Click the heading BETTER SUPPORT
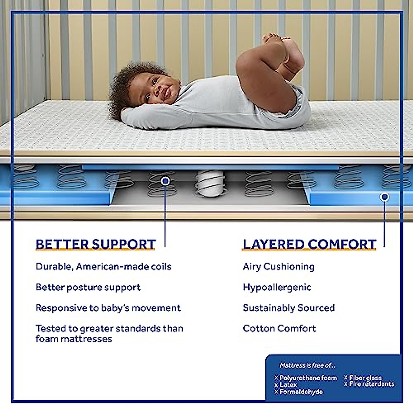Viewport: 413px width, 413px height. point(96,244)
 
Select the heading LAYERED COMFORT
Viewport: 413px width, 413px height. point(309,244)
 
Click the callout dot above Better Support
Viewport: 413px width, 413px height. point(166,181)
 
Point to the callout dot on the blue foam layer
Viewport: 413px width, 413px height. point(384,197)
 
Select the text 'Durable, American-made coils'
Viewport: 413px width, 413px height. point(103,267)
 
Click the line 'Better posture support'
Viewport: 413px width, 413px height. point(88,287)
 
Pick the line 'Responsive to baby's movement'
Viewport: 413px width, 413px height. point(108,308)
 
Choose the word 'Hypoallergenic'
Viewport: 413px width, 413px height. point(277,287)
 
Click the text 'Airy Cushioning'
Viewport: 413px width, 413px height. point(278,267)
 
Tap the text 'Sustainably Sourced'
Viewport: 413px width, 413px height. point(288,308)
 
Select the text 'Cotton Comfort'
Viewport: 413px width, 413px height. point(279,329)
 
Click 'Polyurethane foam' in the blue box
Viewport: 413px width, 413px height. point(308,378)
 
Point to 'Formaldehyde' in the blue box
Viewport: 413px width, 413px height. point(301,392)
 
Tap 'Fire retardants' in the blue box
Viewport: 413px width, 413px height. point(372,384)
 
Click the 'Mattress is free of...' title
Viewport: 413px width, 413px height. point(307,365)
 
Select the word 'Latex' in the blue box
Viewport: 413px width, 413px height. point(288,385)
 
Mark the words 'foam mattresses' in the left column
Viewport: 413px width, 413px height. point(74,339)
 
